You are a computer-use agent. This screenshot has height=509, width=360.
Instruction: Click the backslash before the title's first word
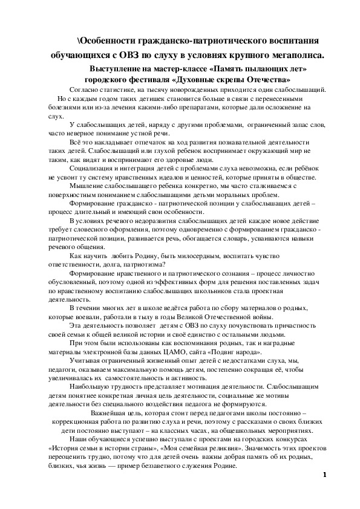(79, 40)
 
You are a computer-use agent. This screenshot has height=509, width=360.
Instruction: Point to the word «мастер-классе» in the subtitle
(174, 70)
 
